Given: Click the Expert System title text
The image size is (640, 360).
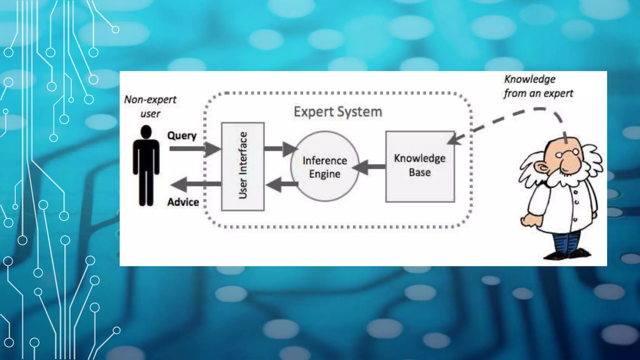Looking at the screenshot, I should point(338,112).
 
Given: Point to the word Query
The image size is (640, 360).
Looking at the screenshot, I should point(182,136).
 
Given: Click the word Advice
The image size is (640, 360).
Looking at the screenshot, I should point(183,202).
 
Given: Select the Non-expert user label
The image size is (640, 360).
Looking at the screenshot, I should point(150,106).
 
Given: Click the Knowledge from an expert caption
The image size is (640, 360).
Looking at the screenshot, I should point(538,86).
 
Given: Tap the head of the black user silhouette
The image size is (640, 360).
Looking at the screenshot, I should point(146,132).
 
